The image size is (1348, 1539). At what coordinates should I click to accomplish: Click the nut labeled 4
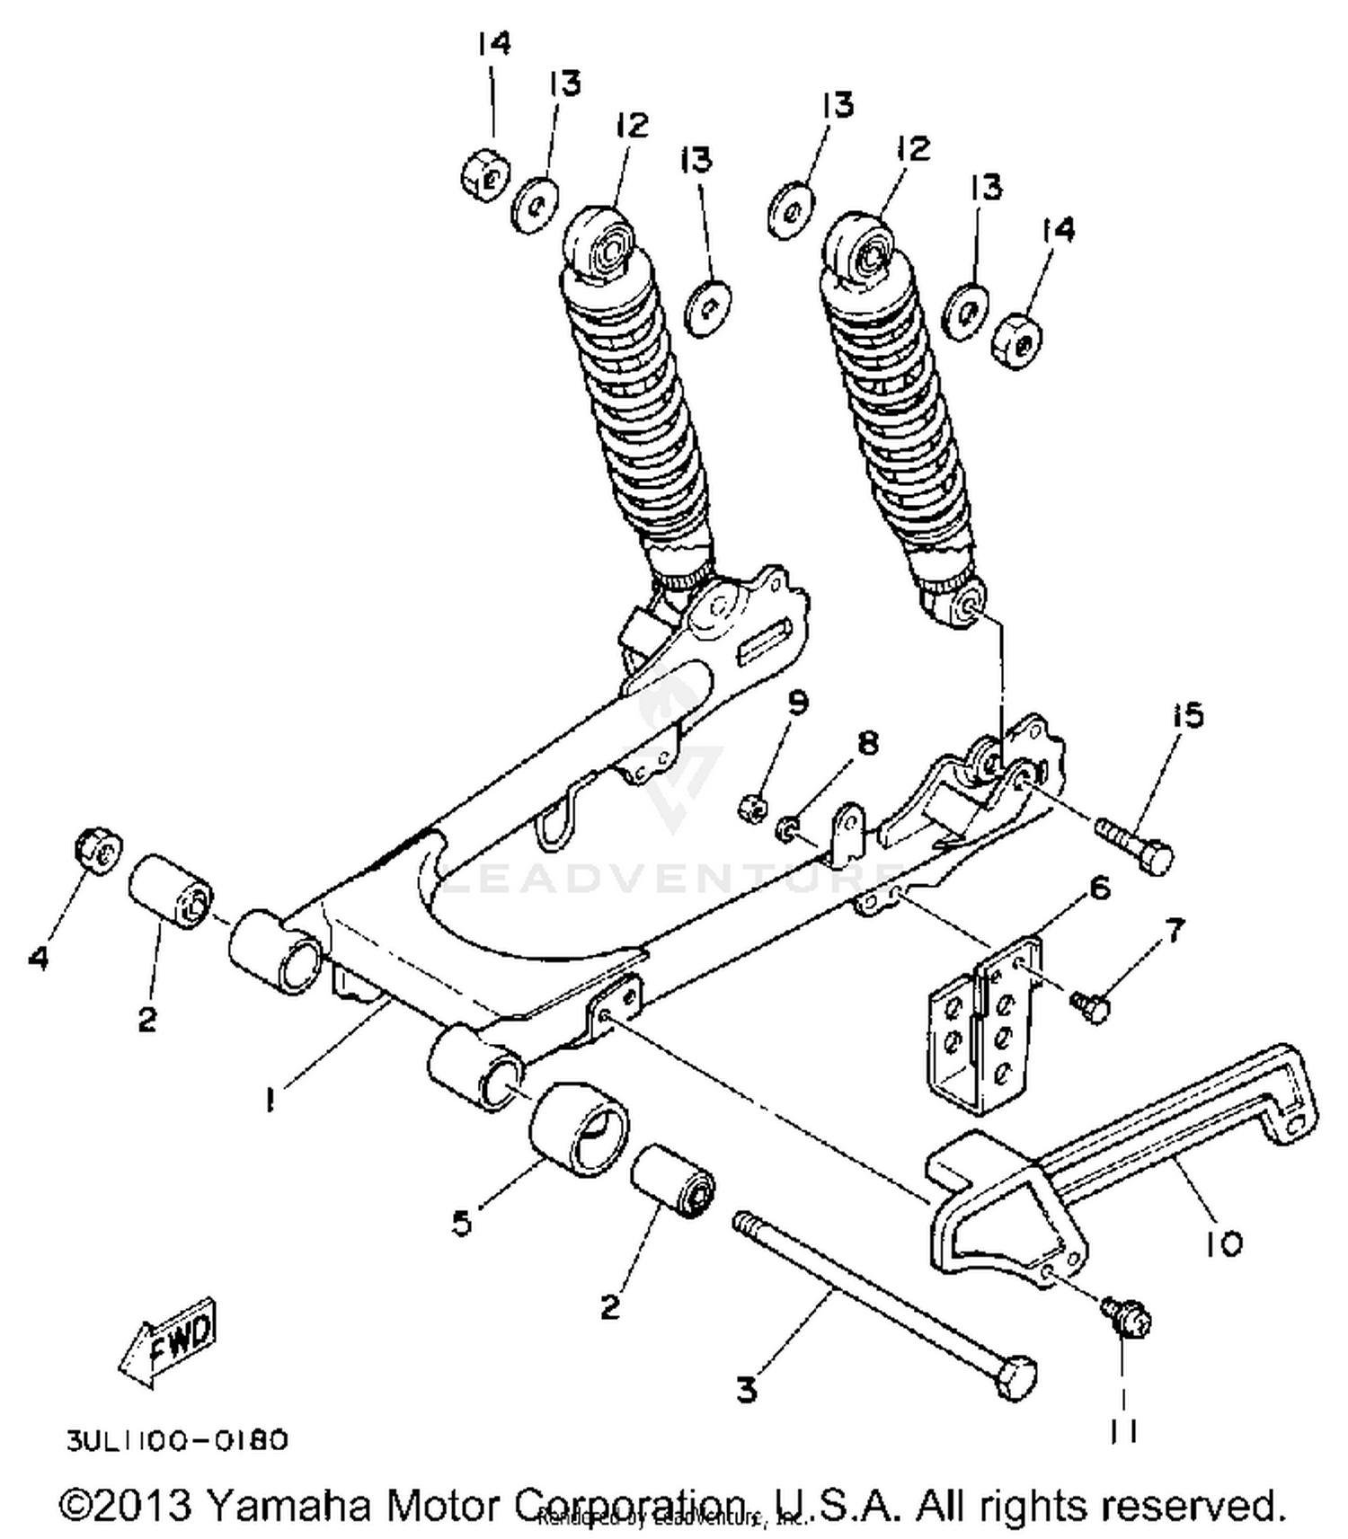tap(97, 848)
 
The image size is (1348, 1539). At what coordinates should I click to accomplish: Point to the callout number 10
tap(1223, 1243)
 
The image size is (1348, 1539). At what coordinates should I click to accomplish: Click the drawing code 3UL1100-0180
tap(177, 1440)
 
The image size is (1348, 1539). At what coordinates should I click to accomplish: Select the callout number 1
tap(269, 1100)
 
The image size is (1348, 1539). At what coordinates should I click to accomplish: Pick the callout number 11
tap(1122, 1431)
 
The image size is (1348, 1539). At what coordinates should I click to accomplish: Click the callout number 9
tap(797, 702)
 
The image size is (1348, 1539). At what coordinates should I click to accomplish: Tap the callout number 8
tap(866, 743)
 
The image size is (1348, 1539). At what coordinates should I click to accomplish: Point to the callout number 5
tap(461, 1223)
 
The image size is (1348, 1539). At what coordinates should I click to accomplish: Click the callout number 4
tap(38, 958)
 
